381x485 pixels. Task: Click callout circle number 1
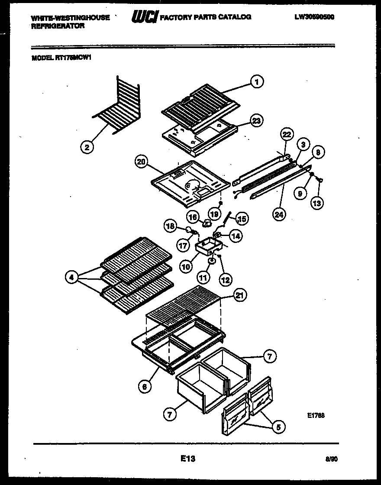pyautogui.click(x=257, y=81)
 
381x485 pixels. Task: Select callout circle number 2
pyautogui.click(x=87, y=147)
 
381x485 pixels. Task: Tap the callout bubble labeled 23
pyautogui.click(x=257, y=121)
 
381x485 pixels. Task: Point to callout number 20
pyautogui.click(x=141, y=163)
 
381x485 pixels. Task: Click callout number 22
pyautogui.click(x=286, y=135)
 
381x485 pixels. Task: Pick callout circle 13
pyautogui.click(x=318, y=203)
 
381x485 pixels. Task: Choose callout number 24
pyautogui.click(x=279, y=214)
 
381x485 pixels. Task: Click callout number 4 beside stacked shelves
pyautogui.click(x=71, y=277)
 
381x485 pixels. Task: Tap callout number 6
pyautogui.click(x=145, y=387)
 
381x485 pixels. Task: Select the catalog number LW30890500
pyautogui.click(x=314, y=17)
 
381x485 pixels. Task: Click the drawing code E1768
pyautogui.click(x=316, y=415)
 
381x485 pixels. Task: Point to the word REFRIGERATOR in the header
pyautogui.click(x=58, y=26)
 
